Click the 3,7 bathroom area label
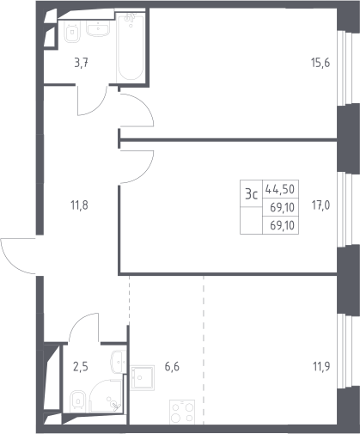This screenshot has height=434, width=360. [x=81, y=63]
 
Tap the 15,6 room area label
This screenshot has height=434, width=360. [x=320, y=63]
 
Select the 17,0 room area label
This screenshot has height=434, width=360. [x=320, y=205]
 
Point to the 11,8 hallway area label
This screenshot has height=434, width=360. [x=79, y=205]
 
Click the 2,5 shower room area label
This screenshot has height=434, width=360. [x=81, y=366]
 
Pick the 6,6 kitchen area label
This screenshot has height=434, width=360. [x=172, y=366]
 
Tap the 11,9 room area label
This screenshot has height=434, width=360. [x=321, y=366]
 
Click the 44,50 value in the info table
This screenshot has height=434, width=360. [x=280, y=189]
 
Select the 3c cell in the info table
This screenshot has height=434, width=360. [x=252, y=194]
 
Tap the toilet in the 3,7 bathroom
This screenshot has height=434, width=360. [x=72, y=33]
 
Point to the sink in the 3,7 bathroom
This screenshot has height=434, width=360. [x=98, y=29]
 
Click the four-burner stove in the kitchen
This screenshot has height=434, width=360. [x=182, y=412]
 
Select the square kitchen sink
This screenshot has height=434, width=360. [x=143, y=377]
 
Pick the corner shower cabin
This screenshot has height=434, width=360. [x=107, y=396]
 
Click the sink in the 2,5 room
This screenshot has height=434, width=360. [x=119, y=362]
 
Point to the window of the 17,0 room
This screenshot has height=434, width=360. [x=344, y=210]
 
